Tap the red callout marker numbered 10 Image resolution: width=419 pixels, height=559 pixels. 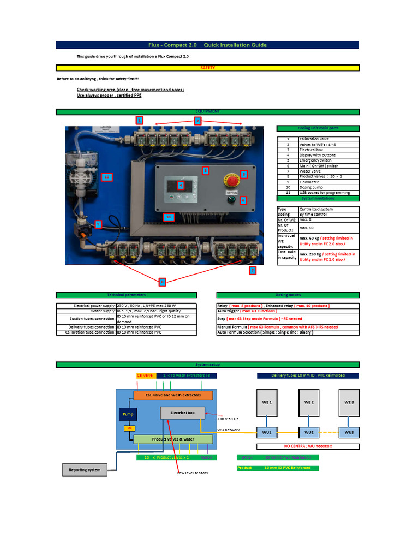(107, 177)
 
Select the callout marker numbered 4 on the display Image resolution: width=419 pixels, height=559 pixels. (181, 185)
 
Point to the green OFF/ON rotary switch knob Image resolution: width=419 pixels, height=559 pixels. (230, 200)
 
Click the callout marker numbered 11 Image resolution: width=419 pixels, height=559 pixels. (169, 217)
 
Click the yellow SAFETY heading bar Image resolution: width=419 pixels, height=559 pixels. (208, 68)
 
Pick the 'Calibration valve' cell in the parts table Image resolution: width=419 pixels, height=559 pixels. (328, 139)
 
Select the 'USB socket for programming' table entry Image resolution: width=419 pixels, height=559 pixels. (328, 193)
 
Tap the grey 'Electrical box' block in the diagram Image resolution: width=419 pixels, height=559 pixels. (182, 413)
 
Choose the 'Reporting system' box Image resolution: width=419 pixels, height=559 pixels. (84, 469)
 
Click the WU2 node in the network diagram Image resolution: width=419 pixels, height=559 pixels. (309, 432)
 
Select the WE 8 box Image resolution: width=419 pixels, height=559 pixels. (349, 402)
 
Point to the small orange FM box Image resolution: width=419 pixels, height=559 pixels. (129, 429)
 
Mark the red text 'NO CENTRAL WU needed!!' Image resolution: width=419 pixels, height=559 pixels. (308, 446)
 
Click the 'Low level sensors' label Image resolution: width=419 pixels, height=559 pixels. (193, 473)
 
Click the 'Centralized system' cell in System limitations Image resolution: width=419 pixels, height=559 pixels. (328, 209)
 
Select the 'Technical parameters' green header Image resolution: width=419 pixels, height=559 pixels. (127, 295)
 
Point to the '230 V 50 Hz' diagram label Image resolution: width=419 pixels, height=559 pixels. (228, 419)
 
